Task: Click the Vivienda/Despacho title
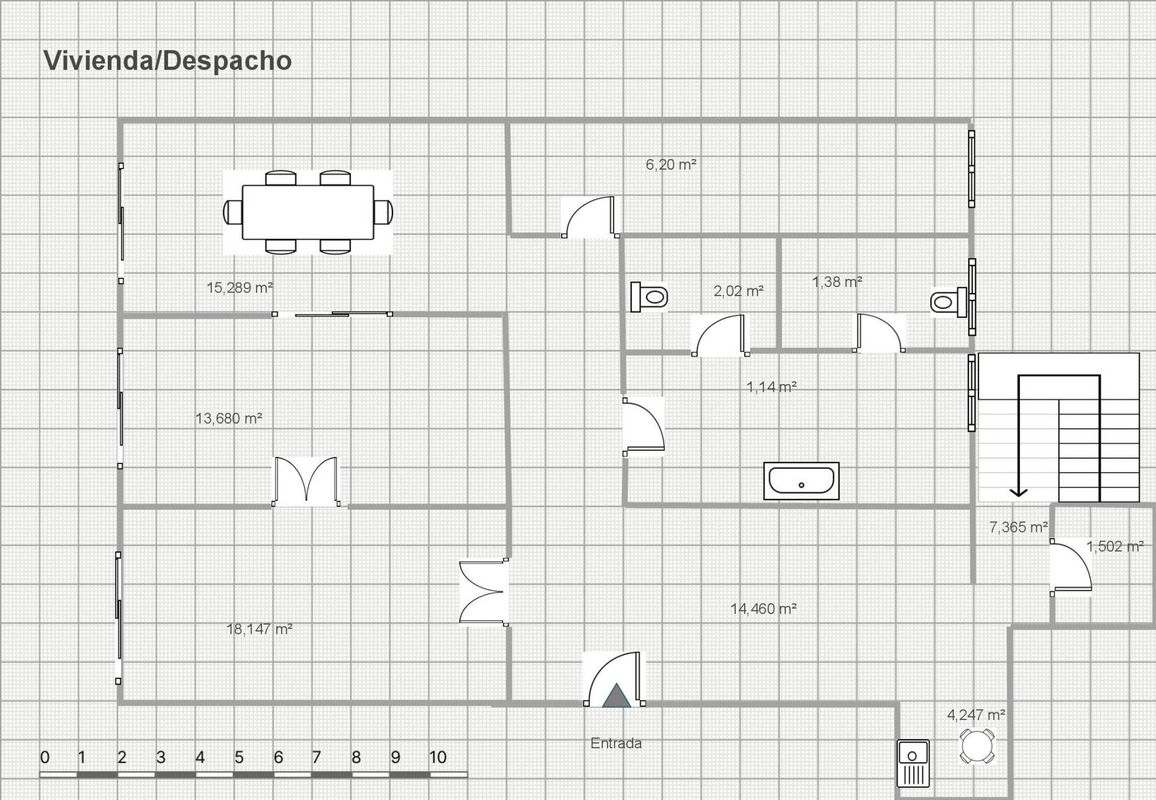[x=167, y=61]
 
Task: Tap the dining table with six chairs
[x=308, y=212]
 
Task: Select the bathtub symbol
[x=801, y=481]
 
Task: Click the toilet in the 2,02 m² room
[x=649, y=297]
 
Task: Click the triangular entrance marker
[x=616, y=696]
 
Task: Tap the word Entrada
[x=616, y=743]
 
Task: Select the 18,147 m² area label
[x=259, y=629]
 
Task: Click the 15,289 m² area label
[x=240, y=288]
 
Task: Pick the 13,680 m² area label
[x=228, y=418]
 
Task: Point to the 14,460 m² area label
[x=763, y=609]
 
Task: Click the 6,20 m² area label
[x=671, y=164]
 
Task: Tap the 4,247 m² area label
[x=976, y=715]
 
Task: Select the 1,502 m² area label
[x=1114, y=547]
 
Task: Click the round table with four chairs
[x=977, y=746]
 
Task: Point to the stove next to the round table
[x=913, y=763]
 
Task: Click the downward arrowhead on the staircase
[x=1018, y=492]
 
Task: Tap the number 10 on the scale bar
[x=438, y=757]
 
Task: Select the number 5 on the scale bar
[x=239, y=757]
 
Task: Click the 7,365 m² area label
[x=1019, y=527]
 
